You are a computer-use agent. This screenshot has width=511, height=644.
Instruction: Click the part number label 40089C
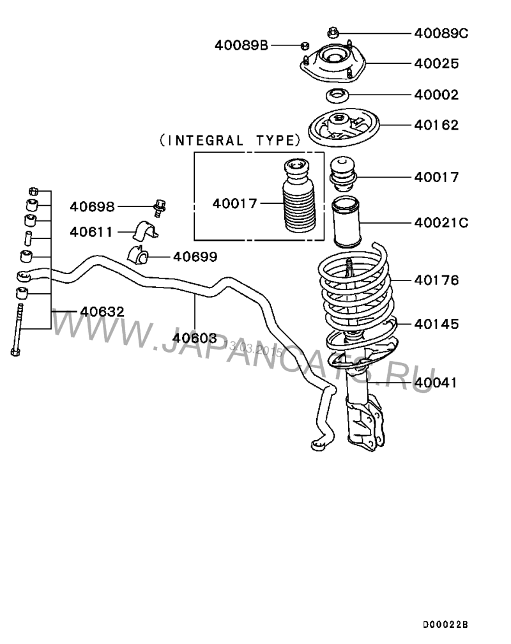click(x=441, y=33)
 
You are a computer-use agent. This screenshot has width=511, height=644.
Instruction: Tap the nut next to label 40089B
click(x=305, y=45)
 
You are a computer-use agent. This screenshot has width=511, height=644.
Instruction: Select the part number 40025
click(x=436, y=64)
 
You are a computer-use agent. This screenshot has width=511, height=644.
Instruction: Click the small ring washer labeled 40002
click(x=337, y=96)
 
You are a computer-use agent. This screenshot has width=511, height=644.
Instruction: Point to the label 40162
click(x=436, y=125)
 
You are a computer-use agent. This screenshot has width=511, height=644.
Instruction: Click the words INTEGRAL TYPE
click(x=230, y=141)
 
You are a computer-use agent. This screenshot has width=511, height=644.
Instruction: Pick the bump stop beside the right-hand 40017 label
click(x=343, y=173)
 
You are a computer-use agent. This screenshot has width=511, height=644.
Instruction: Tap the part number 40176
click(x=436, y=280)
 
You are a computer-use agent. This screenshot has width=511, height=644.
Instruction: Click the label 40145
click(x=436, y=324)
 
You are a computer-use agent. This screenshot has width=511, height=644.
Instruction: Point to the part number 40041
click(x=436, y=383)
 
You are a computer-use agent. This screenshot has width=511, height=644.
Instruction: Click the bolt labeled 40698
click(x=160, y=208)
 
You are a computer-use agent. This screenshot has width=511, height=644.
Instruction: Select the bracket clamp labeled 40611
click(x=145, y=231)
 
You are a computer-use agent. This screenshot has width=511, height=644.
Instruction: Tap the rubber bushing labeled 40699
click(x=139, y=255)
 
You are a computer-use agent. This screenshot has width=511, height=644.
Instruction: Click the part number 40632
click(x=102, y=312)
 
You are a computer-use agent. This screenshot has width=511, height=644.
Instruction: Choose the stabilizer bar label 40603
click(x=194, y=338)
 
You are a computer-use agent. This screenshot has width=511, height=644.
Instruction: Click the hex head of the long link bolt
click(x=15, y=351)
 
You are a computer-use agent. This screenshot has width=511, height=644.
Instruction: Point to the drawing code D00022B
click(x=445, y=625)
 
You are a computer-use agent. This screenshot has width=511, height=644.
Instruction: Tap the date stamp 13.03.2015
click(x=254, y=348)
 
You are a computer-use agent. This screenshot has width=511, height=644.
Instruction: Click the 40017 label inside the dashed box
click(x=234, y=204)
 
